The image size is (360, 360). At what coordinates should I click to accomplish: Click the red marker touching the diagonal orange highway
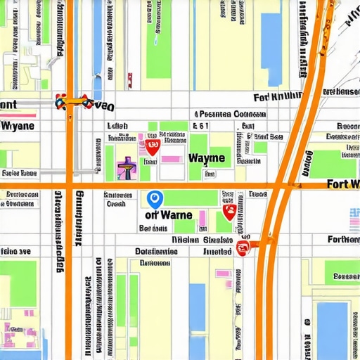click(x=243, y=247)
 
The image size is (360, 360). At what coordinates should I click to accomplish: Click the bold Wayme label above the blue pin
click(x=207, y=158)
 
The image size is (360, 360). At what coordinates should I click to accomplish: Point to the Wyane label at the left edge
click(x=18, y=127)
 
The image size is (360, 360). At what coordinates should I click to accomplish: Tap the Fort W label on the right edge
click(x=343, y=184)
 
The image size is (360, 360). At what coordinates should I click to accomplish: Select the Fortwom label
click(x=338, y=238)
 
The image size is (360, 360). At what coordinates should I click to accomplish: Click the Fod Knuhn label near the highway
click(x=277, y=97)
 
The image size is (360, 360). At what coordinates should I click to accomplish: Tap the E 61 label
click(x=201, y=127)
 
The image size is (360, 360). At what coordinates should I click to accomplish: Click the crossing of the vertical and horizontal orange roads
click(x=70, y=186)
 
